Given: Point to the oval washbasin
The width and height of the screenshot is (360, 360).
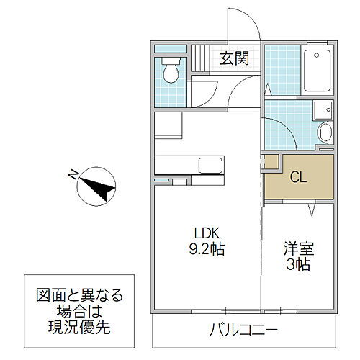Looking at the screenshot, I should (x=324, y=132).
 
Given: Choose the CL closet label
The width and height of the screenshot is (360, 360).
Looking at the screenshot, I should (x=298, y=178).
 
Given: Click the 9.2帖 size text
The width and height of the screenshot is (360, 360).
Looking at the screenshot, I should (x=204, y=250).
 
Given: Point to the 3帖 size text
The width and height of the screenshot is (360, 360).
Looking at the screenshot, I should (x=297, y=266).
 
